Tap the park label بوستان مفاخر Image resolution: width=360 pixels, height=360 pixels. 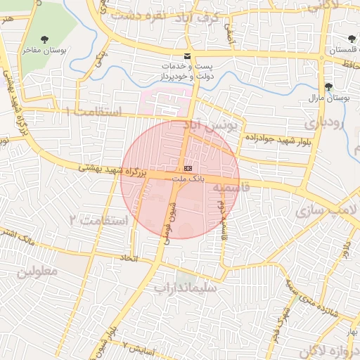44,51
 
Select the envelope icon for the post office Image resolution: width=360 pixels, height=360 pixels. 186,56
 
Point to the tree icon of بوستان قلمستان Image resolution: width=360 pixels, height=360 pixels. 351,38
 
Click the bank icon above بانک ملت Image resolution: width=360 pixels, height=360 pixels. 188,169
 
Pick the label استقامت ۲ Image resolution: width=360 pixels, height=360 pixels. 98,221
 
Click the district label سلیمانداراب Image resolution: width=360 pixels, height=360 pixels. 188,288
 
